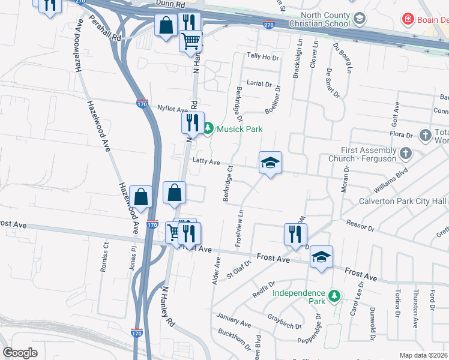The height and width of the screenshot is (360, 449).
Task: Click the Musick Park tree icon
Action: click(208, 128)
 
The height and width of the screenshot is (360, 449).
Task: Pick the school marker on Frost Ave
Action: click(321, 258)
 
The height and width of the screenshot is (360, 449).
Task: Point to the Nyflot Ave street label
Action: click(173, 109)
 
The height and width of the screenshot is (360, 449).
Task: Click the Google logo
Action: click(20, 353)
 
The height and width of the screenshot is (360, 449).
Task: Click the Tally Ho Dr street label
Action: click(264, 57)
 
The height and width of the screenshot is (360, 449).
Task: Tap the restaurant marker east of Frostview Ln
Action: click(295, 234)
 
